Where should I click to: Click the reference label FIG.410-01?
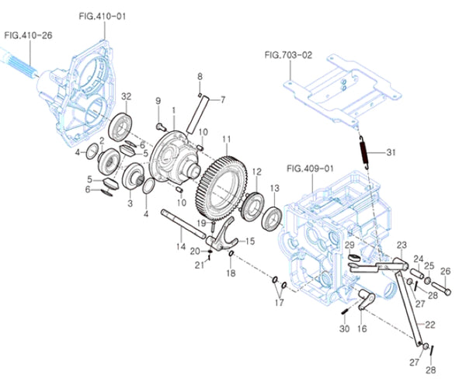[102, 16]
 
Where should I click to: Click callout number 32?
[125, 96]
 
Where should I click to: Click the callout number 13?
[274, 188]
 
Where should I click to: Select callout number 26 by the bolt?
[445, 272]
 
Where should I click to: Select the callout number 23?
[402, 245]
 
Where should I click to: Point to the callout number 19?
[201, 223]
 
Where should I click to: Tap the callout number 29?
[349, 245]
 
